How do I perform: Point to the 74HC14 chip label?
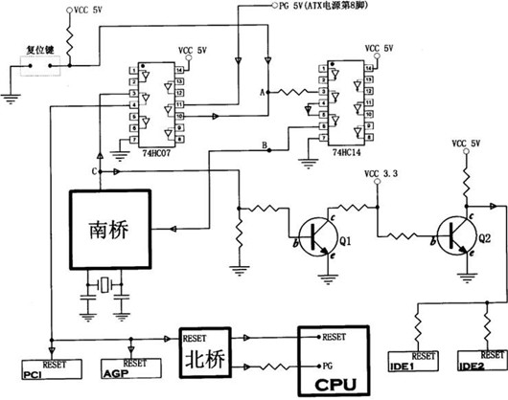click(349, 152)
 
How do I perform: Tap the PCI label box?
click(33, 370)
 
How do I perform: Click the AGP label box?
click(115, 370)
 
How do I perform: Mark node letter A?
click(263, 92)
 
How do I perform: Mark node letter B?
click(265, 144)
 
